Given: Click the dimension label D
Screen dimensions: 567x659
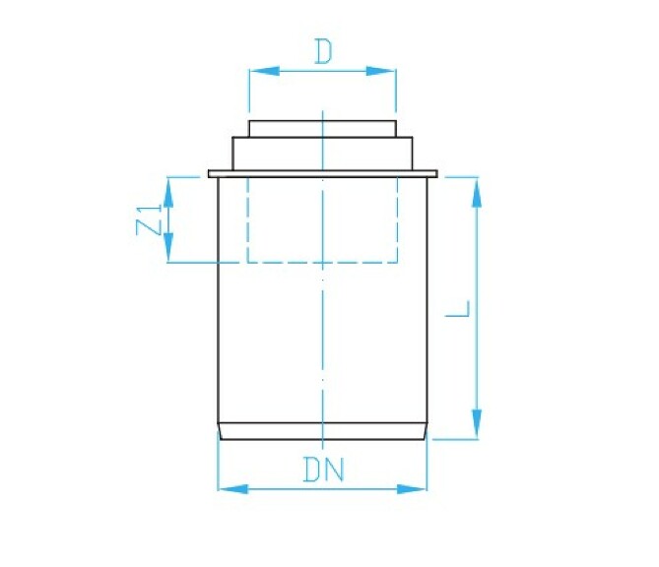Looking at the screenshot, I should click(x=322, y=52).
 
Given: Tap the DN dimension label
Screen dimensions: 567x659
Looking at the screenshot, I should click(x=322, y=471).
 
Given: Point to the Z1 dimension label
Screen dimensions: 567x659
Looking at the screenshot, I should click(x=148, y=220).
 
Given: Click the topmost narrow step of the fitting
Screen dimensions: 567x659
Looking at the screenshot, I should click(x=322, y=128).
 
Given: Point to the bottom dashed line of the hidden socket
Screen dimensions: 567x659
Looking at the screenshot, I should click(x=322, y=263).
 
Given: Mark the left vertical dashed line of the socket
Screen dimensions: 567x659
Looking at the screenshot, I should click(x=247, y=220).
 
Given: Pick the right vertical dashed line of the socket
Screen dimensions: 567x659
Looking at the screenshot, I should click(x=398, y=220).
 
